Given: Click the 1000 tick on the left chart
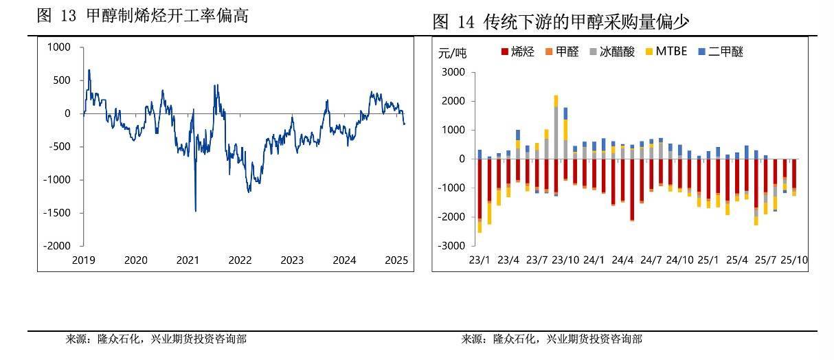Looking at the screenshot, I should (58, 47).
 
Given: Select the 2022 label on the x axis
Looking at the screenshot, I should (240, 260).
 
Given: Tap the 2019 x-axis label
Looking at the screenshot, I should (83, 260).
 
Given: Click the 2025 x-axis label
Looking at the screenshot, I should (396, 260).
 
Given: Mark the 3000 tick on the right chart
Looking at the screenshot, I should (454, 72).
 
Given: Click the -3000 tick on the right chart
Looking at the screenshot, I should (452, 245).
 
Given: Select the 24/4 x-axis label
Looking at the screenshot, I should (622, 260).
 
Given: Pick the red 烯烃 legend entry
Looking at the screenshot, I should (518, 51).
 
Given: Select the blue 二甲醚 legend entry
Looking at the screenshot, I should (721, 51).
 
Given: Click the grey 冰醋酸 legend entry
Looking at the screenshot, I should (612, 51).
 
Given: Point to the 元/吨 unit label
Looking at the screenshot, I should (452, 52).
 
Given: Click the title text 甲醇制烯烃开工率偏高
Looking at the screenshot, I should (167, 16).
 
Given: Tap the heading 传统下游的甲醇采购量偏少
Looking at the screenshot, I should (587, 22).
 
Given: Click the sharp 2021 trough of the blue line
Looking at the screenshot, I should (195, 210).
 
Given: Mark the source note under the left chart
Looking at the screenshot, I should (156, 339).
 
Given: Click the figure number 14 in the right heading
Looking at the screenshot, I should (466, 22).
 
